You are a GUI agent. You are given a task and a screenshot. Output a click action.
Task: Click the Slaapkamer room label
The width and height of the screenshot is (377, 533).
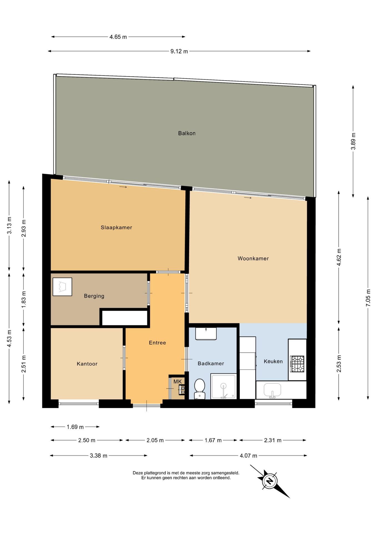click(116, 227)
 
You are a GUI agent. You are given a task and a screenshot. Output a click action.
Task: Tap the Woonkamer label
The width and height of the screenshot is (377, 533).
click(253, 258)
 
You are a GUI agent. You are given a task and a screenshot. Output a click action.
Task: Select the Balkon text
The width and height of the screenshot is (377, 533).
click(187, 133)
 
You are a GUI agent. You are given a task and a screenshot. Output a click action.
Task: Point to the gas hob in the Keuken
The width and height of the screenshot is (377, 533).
click(297, 364)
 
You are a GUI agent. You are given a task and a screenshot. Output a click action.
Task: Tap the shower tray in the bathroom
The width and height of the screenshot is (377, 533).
click(223, 386)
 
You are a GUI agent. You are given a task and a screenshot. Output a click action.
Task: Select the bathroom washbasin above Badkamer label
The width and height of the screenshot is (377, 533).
click(206, 333)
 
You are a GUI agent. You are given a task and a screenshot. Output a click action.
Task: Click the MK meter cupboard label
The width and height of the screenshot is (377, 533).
click(177, 381)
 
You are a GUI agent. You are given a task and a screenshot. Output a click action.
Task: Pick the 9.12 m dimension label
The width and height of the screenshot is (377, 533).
click(179, 51)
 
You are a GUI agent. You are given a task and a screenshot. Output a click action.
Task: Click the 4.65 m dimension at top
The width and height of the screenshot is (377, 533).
click(118, 37)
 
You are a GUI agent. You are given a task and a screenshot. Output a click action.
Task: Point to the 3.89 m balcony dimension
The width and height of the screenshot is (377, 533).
click(353, 141)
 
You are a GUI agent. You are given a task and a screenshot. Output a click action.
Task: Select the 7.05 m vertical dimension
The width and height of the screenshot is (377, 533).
click(368, 298)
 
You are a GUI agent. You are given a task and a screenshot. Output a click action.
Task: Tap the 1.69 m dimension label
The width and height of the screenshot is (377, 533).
click(75, 427)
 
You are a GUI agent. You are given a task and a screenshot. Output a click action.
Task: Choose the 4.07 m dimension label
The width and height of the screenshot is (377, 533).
click(248, 456)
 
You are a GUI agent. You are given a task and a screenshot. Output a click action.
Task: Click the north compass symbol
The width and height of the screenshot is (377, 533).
click(270, 481)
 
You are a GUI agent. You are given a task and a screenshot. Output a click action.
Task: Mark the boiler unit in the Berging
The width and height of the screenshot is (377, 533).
click(62, 286)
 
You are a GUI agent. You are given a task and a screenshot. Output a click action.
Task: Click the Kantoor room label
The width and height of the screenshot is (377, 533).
click(87, 364)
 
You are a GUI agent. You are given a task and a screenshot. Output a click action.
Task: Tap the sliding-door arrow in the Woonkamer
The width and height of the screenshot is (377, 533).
click(248, 198)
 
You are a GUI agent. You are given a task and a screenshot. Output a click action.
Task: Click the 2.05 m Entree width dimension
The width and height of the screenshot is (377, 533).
click(155, 440)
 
